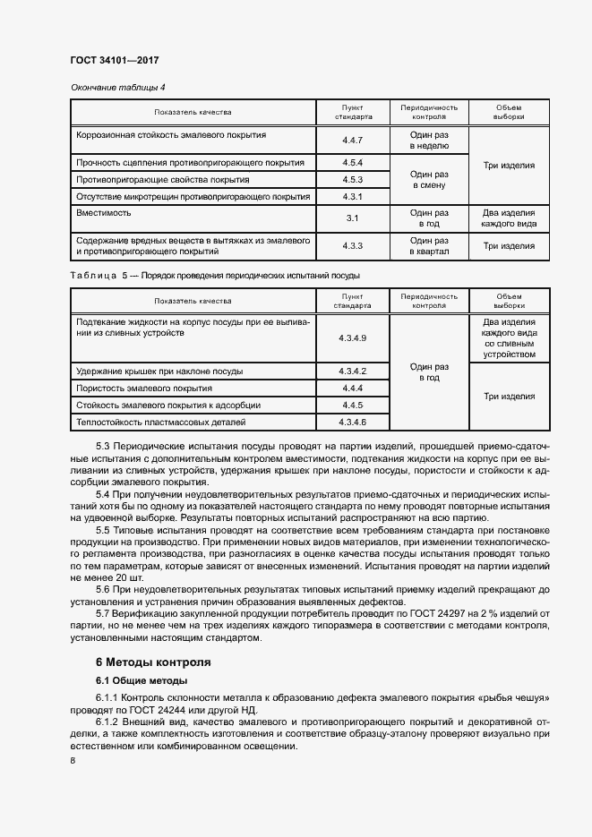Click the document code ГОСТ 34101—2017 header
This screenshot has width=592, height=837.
[x=114, y=61]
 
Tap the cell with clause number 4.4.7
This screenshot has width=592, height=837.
[x=352, y=141]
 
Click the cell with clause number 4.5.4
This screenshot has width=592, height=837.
[x=352, y=163]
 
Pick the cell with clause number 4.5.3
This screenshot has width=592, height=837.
[x=352, y=180]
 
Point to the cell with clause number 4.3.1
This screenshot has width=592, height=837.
[x=352, y=197]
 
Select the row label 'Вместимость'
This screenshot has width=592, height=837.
[x=105, y=213]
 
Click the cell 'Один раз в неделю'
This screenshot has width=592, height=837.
[x=429, y=140]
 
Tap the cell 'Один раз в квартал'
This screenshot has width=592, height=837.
[x=429, y=246]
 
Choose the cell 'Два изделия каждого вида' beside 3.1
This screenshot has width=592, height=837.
[x=509, y=218]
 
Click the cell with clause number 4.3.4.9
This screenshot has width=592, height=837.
[x=352, y=337]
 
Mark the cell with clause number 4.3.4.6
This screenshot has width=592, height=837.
[x=352, y=422]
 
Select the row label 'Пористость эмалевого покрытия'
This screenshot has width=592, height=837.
[x=144, y=389]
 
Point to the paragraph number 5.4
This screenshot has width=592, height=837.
[x=105, y=495]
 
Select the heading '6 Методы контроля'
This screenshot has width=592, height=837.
[x=153, y=663]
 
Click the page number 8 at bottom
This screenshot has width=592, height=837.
[x=73, y=761]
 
